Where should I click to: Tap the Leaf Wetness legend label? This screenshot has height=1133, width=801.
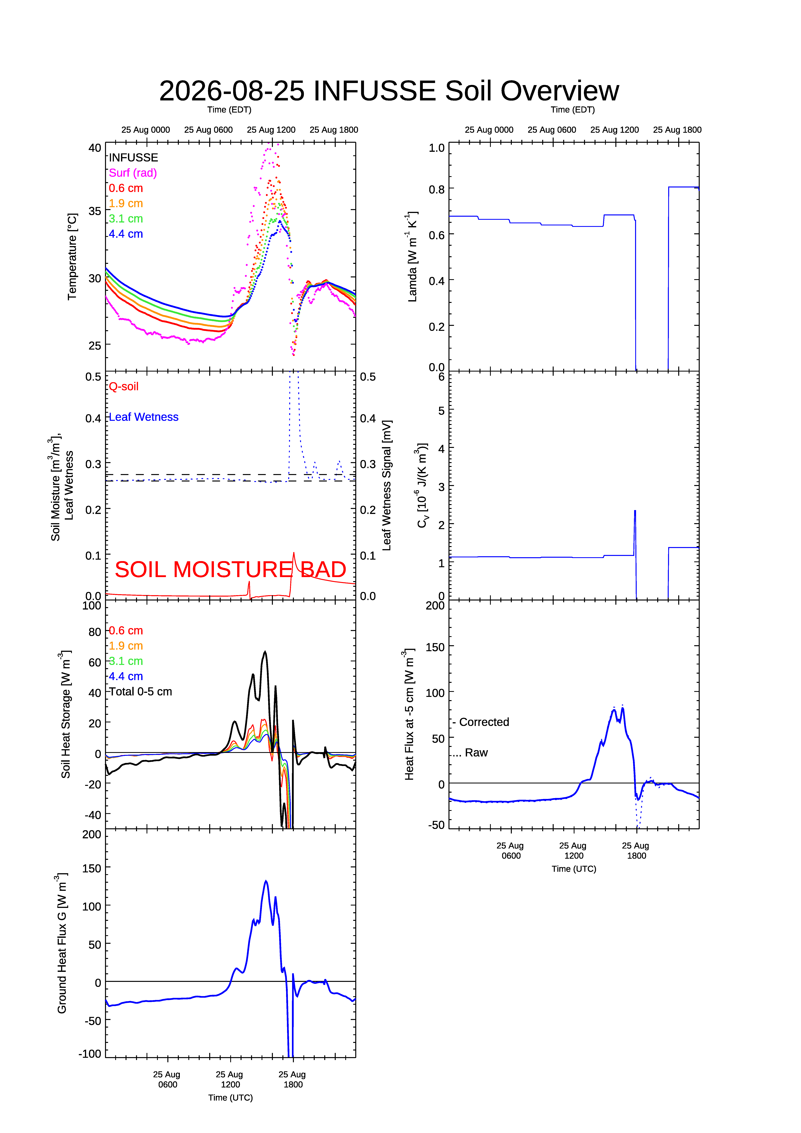[144, 417]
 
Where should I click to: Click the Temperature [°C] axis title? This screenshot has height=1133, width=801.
[72, 257]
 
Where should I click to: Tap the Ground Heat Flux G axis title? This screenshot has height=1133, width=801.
[62, 943]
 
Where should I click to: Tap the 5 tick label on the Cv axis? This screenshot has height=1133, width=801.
[441, 411]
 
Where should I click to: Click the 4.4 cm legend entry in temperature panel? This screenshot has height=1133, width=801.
[126, 234]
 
